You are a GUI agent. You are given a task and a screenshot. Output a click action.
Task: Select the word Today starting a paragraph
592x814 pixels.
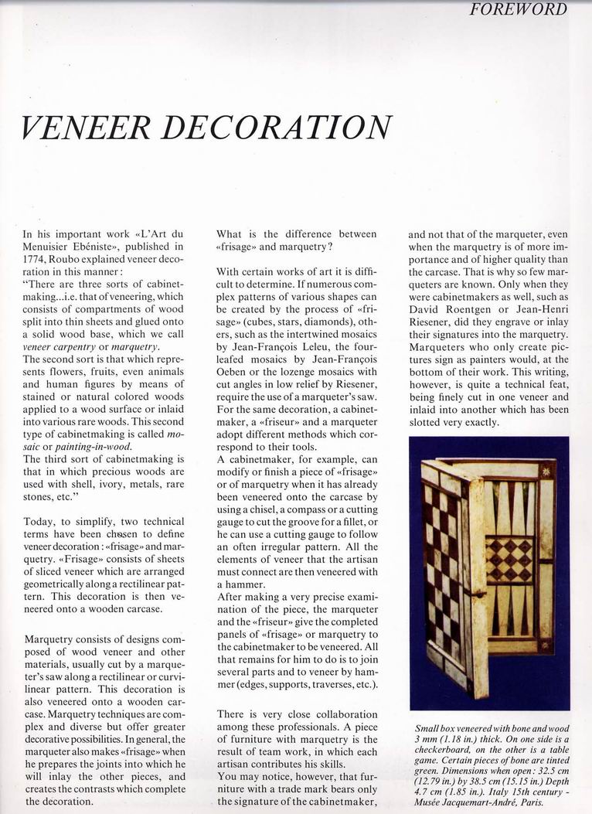click(x=39, y=523)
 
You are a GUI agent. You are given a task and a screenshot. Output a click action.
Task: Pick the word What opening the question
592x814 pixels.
click(x=230, y=234)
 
